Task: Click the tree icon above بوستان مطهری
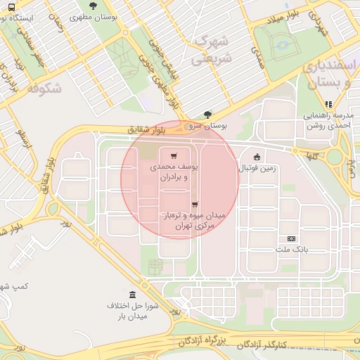coord(93,6)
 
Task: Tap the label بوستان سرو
coord(208,124)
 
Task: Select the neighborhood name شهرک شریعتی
coord(211,50)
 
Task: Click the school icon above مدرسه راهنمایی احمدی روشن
coord(328,104)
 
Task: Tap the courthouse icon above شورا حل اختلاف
coord(133,294)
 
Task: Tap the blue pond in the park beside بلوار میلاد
coord(282,44)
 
